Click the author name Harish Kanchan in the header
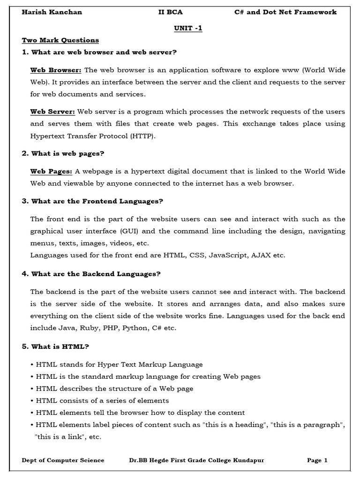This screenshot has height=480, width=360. pyautogui.click(x=52, y=12)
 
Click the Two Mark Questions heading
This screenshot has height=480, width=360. pyautogui.click(x=60, y=40)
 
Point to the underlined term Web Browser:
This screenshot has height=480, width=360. pyautogui.click(x=56, y=70)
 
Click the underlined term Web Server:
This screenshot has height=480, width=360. pyautogui.click(x=52, y=112)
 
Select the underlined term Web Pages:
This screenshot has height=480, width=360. pyautogui.click(x=51, y=172)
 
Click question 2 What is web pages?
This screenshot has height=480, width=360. pyautogui.click(x=63, y=153)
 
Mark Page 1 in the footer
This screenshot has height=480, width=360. pyautogui.click(x=317, y=460)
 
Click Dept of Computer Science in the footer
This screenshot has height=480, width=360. pyautogui.click(x=63, y=460)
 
